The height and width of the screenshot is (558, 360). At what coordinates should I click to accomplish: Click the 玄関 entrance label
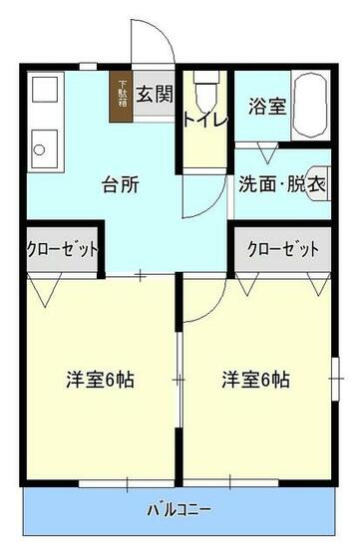pos(155,95)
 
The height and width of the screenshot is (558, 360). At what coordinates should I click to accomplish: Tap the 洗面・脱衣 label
pos(280,184)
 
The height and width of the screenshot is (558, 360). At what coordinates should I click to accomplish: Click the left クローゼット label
pos(62,249)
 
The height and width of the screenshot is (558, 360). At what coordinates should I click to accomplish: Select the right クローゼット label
pos(283,249)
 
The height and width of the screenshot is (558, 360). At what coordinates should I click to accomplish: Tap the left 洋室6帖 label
pos(101,380)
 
